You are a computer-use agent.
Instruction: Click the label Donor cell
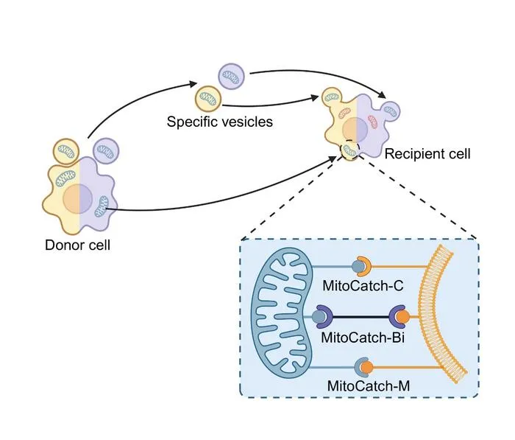[x=77, y=245]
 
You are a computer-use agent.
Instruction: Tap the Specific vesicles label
[x=220, y=122]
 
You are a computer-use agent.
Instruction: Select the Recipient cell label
[x=427, y=154]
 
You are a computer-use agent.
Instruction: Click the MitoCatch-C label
[x=363, y=286]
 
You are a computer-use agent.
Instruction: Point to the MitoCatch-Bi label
[x=363, y=338]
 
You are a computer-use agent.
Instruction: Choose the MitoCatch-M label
[x=369, y=385]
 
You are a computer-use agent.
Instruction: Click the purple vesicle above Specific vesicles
[x=231, y=76]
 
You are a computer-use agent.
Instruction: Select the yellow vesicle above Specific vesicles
[x=208, y=98]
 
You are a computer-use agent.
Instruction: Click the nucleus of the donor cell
[x=78, y=199]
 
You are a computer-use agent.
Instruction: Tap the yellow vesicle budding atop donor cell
[x=66, y=151]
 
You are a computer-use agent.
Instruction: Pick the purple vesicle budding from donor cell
[x=106, y=151]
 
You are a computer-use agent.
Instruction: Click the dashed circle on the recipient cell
[x=350, y=150]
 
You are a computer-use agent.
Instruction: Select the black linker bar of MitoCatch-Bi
[x=361, y=317]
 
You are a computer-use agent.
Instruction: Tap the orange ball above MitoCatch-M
[x=367, y=367]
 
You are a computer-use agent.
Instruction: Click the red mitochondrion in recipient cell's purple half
[x=373, y=122]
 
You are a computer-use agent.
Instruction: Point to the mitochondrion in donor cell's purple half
[x=102, y=206]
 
